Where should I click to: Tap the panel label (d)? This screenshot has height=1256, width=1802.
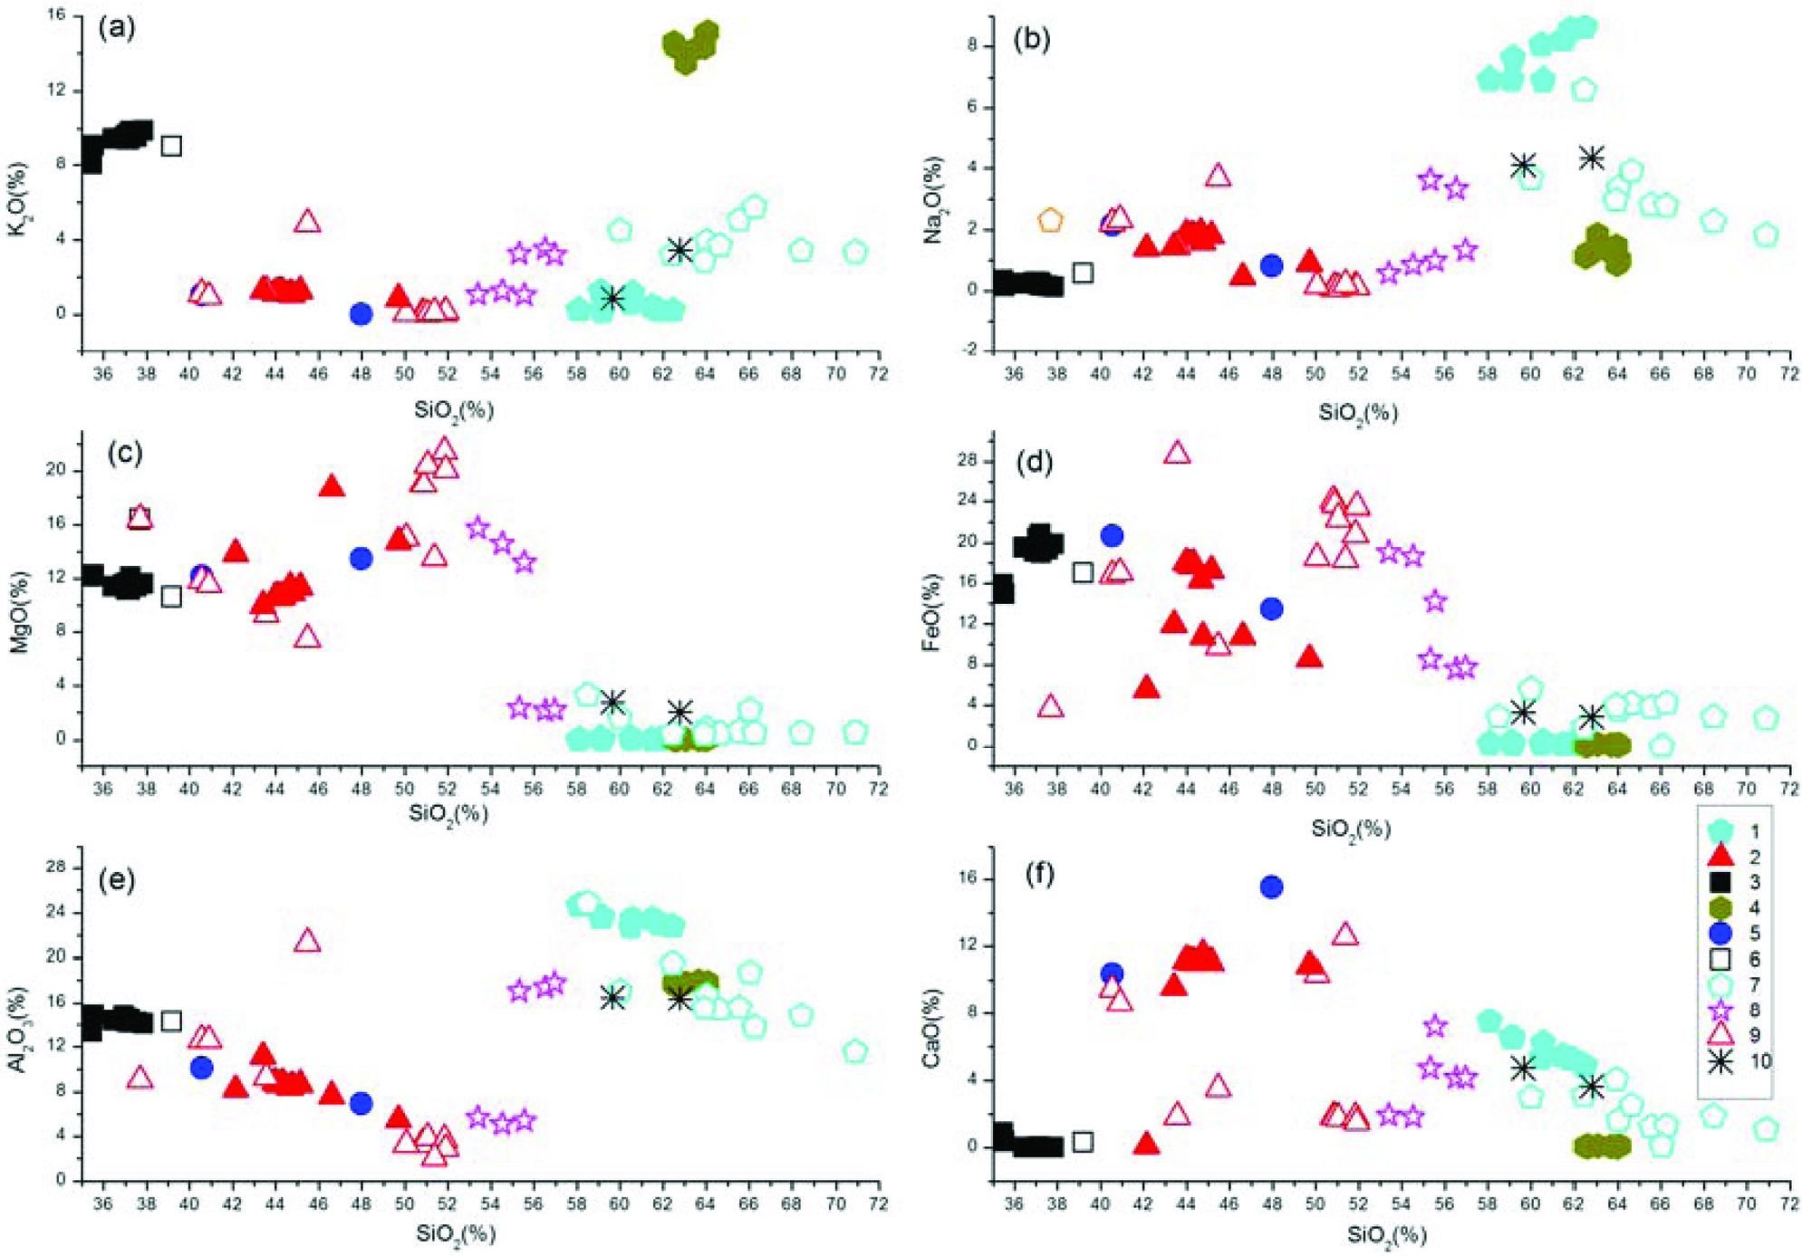coord(1034,463)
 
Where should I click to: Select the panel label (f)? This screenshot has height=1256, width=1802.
coord(1040,876)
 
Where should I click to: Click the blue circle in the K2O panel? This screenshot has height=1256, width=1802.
coord(361,314)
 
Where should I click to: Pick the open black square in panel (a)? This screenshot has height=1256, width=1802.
coord(171,146)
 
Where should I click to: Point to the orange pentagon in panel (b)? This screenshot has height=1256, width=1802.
coord(1050,220)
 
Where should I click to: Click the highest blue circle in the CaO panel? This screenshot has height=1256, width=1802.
coord(1271,887)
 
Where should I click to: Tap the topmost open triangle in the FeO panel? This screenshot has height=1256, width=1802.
coord(1177,453)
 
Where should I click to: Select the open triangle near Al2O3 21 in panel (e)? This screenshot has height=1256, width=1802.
coord(308,941)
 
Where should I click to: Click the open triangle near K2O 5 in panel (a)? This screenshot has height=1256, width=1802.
coord(308,221)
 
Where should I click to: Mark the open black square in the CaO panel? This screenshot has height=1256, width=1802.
coord(1082,1142)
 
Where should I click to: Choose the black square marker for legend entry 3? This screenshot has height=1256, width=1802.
coord(1719,882)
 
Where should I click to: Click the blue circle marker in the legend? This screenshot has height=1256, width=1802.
coord(1719,934)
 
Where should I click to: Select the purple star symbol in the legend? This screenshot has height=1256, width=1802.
coord(1719,1011)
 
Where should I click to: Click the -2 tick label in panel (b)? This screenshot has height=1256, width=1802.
coord(972,350)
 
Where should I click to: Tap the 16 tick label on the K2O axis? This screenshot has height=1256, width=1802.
coord(56,15)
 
